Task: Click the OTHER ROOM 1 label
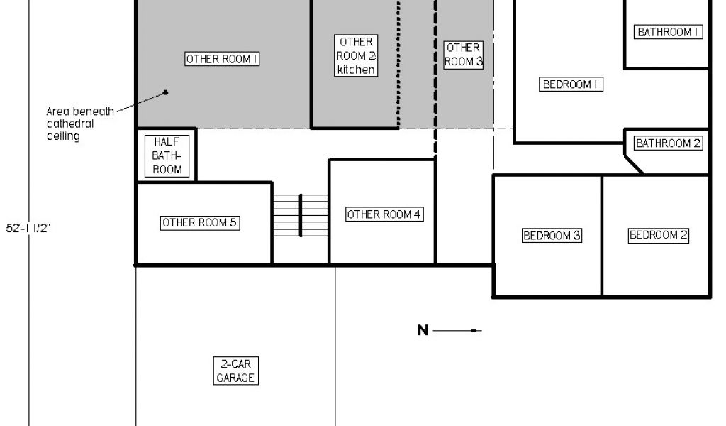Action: pos(222,60)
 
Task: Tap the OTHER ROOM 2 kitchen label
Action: pos(356,55)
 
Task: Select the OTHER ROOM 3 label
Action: pos(464,55)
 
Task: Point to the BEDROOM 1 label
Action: pos(571,84)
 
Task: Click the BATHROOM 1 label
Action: pos(669,32)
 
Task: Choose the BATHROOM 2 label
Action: pos(668,143)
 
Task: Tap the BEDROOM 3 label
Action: pos(552,236)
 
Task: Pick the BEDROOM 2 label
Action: pos(659,235)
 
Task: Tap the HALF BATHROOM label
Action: pos(167,155)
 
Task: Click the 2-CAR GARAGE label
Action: pos(235,371)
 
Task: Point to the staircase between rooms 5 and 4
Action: pos(301,216)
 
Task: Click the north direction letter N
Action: pos(423,330)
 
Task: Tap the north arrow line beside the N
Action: pos(457,330)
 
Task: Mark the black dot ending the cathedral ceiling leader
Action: pos(165,92)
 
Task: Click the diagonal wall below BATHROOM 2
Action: pos(634,163)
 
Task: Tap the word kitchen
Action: pos(356,70)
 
